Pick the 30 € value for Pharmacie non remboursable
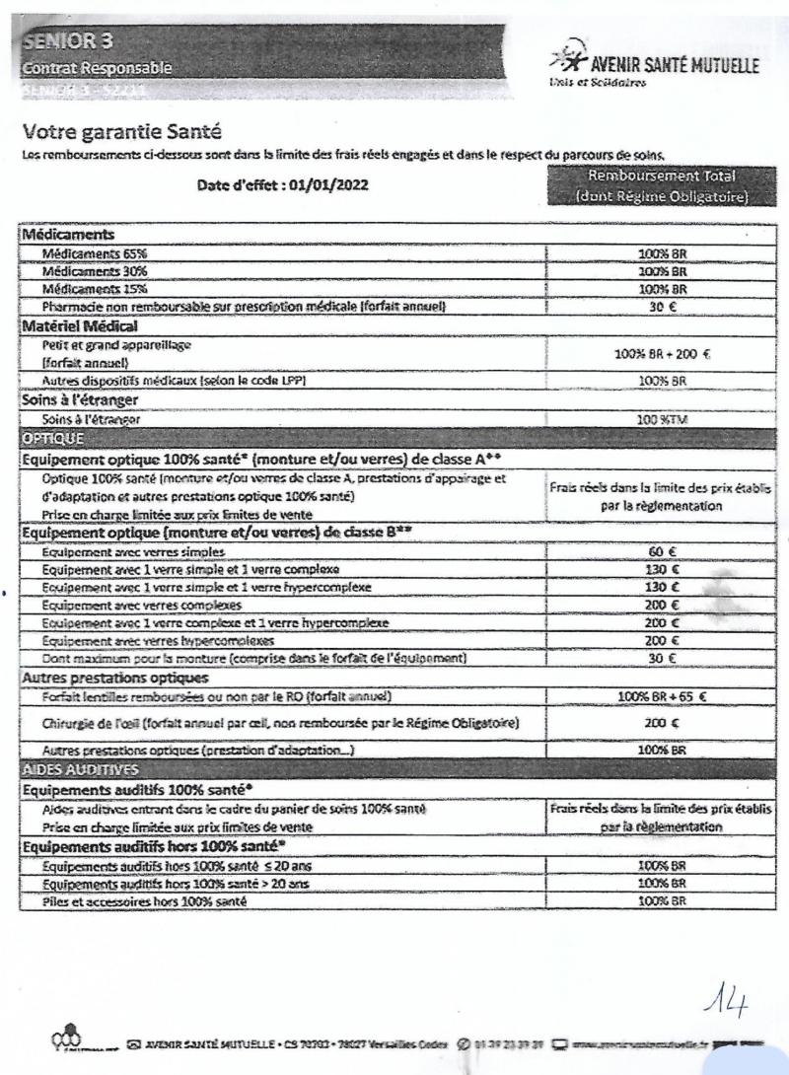661,307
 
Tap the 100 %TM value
661,419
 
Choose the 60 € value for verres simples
661,553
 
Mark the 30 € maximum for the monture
661,657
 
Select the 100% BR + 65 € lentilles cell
661,697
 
